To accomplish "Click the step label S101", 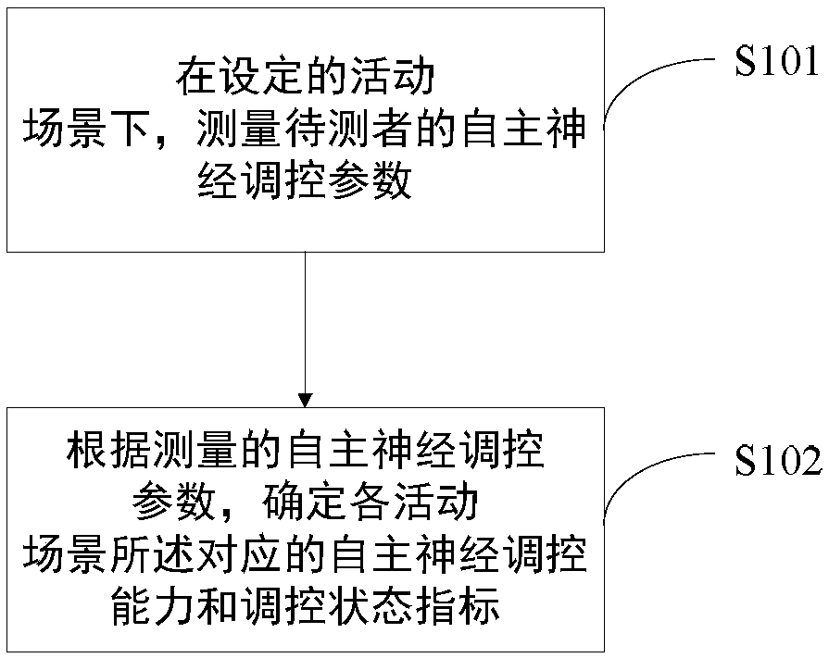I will click(776, 64).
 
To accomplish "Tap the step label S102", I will click(778, 461).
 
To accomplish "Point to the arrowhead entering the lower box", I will click(306, 400).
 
